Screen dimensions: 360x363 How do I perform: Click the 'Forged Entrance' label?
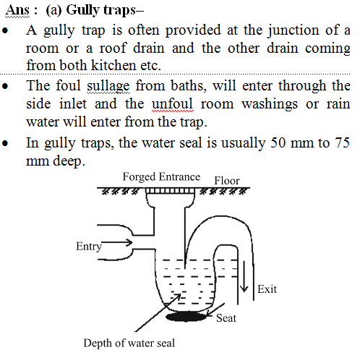coord(161,177)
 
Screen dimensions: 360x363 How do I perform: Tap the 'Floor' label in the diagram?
coord(227,181)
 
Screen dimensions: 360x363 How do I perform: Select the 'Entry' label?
coord(89,247)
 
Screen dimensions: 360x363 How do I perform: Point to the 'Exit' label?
coord(267,289)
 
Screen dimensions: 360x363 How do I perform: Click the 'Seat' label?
coord(226,318)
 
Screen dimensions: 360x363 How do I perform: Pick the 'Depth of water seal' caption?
coord(129,343)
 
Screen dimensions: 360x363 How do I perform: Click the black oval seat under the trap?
coord(187,317)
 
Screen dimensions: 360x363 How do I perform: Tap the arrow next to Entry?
coord(117,242)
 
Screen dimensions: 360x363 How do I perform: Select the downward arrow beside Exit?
coord(244,277)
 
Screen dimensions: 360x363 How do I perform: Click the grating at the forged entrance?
coord(170,191)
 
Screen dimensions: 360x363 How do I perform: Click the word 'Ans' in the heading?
coord(17,10)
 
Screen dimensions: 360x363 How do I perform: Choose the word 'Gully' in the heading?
coord(82,11)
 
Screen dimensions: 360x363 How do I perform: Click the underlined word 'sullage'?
coord(108,86)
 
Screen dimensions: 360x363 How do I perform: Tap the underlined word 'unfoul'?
coord(173,104)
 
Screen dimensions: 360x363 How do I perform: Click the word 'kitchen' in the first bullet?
coord(113,65)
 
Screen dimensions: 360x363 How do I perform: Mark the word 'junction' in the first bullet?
coord(293,31)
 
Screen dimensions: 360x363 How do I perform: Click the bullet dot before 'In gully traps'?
coord(5,143)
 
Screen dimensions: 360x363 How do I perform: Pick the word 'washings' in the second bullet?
coord(270,105)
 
